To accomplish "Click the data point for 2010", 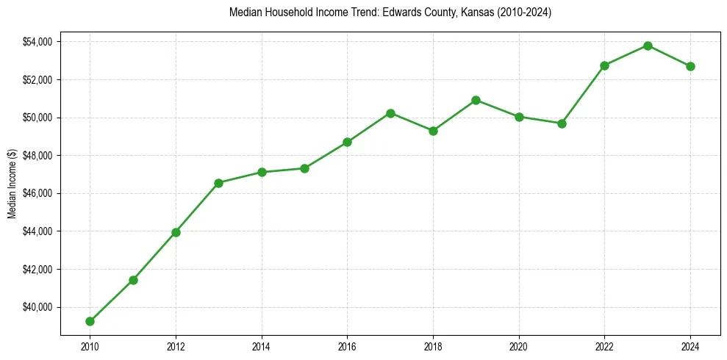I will [x=90, y=321].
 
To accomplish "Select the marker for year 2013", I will [x=218, y=183].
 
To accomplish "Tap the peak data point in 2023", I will [x=648, y=46].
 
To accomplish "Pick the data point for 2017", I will [x=390, y=113].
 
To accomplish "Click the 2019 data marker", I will [x=476, y=100].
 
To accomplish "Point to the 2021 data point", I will [x=562, y=123].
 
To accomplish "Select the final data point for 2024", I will [x=690, y=66].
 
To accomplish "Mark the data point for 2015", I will [x=304, y=168].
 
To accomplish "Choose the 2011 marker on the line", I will [x=133, y=280].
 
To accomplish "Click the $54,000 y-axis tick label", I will [x=37, y=42].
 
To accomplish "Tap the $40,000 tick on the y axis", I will [x=37, y=307].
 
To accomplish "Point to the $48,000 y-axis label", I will [x=37, y=156].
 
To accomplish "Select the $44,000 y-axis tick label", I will [x=37, y=231].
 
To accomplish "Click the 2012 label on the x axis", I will [x=176, y=346].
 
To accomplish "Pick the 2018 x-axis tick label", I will [x=433, y=346].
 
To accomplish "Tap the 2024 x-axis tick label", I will [x=690, y=346].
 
